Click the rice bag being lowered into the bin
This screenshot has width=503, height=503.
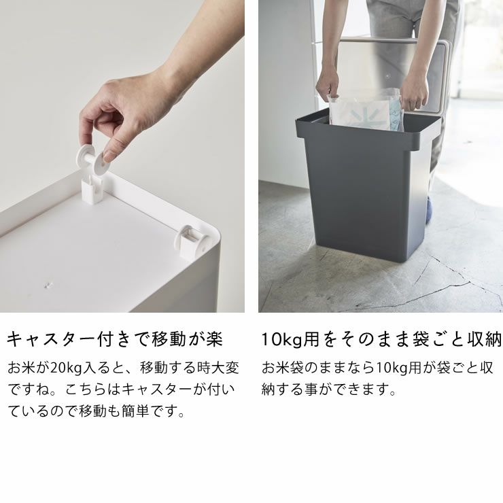(366, 109)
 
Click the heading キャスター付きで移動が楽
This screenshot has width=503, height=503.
(115, 339)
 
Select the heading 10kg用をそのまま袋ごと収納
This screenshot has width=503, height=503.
(381, 339)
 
